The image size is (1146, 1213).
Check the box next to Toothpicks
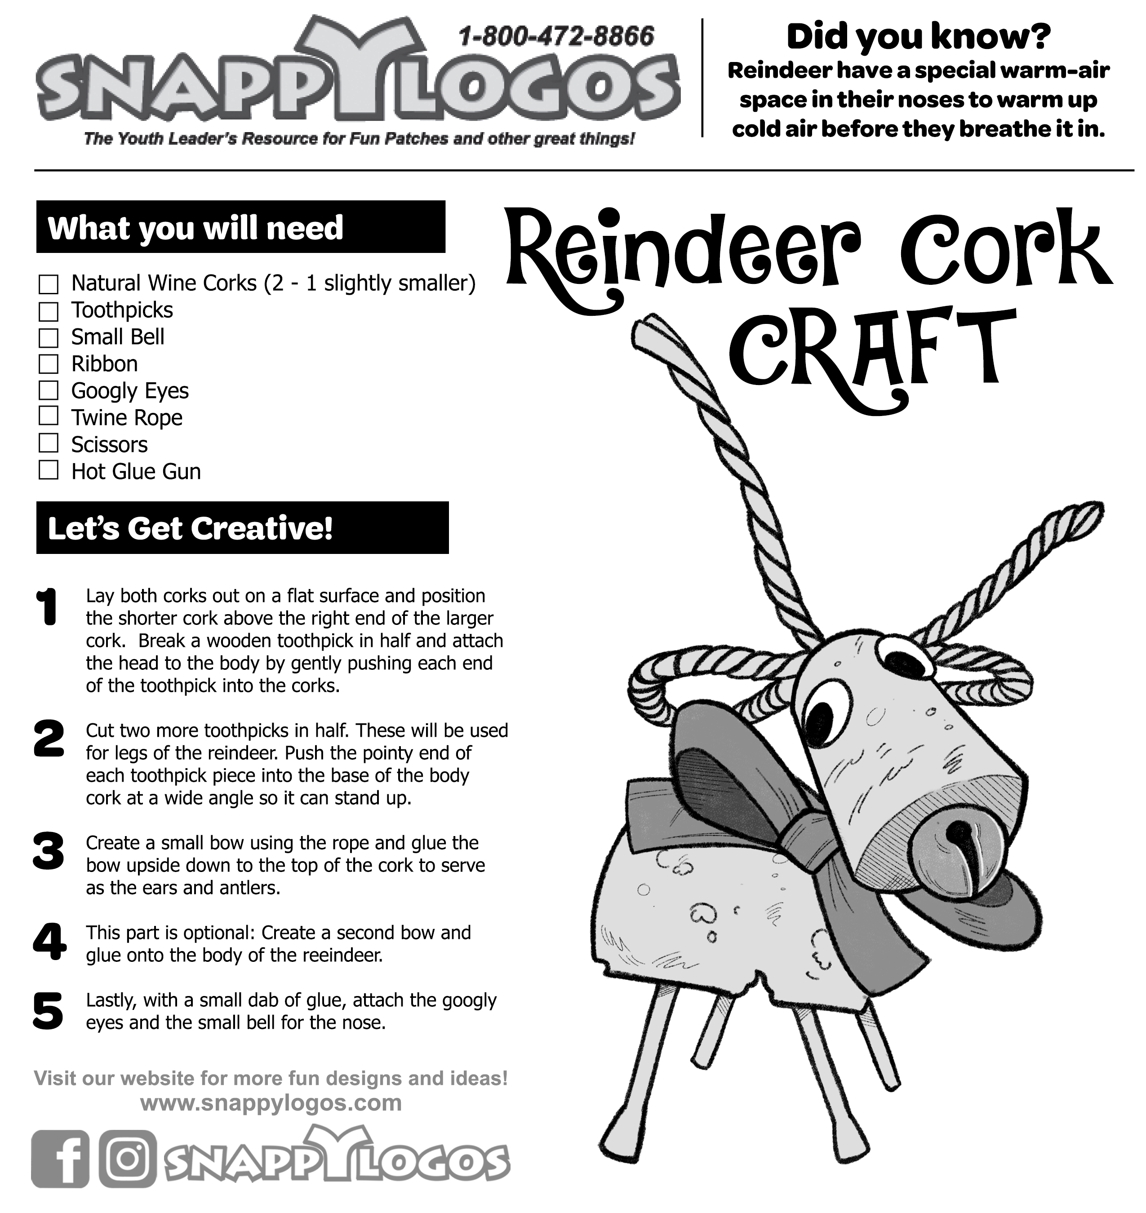click(x=48, y=311)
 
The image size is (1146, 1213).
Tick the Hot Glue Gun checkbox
click(x=48, y=470)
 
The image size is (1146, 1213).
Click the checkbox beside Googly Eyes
click(x=48, y=390)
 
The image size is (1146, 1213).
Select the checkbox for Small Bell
click(x=48, y=338)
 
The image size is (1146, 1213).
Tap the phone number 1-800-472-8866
click(x=556, y=37)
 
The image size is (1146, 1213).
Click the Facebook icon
click(x=60, y=1159)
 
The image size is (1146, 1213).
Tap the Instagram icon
click(x=127, y=1159)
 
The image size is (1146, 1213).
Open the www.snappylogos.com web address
click(x=271, y=1103)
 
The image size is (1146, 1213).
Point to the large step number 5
click(x=48, y=1011)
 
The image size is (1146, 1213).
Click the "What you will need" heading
click(x=195, y=228)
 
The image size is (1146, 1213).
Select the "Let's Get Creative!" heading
click(x=191, y=528)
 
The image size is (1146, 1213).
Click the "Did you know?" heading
click(x=918, y=37)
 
